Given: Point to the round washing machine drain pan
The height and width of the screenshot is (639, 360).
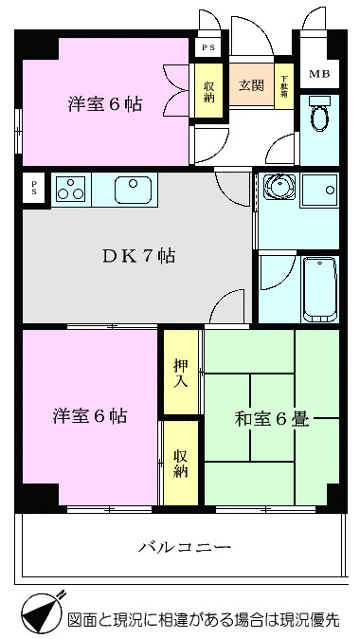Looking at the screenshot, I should pos(277,188).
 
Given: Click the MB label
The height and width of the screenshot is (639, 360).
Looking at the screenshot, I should pos(319,74).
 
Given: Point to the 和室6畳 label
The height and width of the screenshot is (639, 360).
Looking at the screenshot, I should pos(271,417).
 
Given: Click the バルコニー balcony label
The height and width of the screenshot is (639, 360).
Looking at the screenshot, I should pos(185,547).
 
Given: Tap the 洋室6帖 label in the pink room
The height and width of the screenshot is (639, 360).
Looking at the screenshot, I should pos(104,104).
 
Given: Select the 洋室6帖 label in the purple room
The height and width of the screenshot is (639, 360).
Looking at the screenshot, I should pos(90,415).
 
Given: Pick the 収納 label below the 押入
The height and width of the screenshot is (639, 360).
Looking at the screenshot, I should pos(181,463).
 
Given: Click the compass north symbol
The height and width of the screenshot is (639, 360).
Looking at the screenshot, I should pos(40,614).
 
